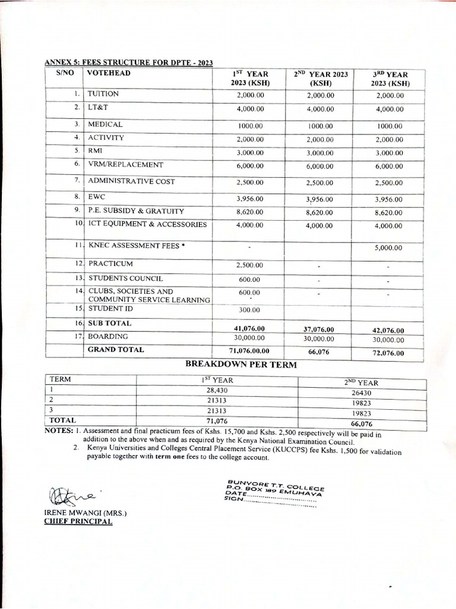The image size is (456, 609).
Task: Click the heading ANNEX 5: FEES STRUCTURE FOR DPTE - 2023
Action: (x=129, y=63)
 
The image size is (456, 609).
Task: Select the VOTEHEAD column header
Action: (x=109, y=73)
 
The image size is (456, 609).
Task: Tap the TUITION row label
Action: (x=103, y=94)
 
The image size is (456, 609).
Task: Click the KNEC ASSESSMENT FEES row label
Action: (x=134, y=245)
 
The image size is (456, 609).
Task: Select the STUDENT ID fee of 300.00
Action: (x=249, y=310)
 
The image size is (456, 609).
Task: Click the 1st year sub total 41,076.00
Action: (x=250, y=328)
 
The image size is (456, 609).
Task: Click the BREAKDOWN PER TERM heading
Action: (x=240, y=365)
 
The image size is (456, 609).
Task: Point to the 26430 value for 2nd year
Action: (x=361, y=393)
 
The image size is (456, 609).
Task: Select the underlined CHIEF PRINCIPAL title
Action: (x=78, y=521)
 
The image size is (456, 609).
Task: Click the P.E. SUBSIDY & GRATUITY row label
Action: (x=136, y=211)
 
